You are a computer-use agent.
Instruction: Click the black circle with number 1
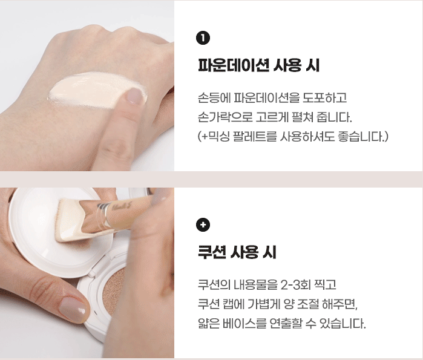(x=203, y=38)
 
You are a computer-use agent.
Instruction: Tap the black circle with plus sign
(x=203, y=224)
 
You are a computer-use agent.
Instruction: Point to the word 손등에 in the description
(x=214, y=97)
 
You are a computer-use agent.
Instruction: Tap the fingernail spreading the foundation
(x=134, y=96)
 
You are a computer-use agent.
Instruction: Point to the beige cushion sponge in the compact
(x=114, y=290)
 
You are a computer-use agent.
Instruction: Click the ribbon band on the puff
(x=106, y=214)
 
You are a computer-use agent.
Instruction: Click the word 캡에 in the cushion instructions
(x=234, y=304)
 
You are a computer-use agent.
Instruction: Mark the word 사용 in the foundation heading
(x=287, y=65)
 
